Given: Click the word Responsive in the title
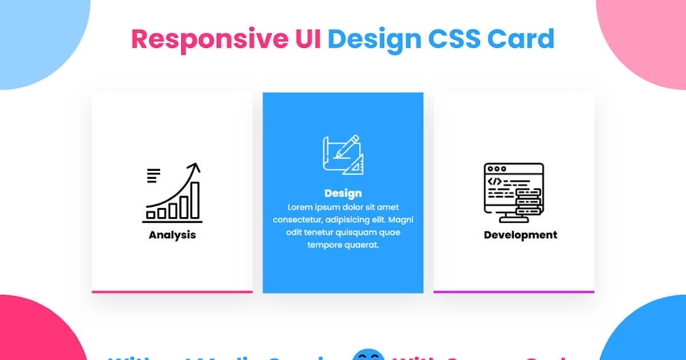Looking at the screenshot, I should (x=209, y=39).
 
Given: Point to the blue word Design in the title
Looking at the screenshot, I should (x=374, y=39).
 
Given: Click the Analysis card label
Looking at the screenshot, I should (x=172, y=235).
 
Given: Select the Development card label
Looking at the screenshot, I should (x=520, y=235).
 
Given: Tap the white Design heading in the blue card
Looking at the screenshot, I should (x=343, y=193).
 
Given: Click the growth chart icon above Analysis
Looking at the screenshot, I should (x=172, y=193).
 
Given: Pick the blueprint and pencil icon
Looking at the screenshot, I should (x=343, y=155).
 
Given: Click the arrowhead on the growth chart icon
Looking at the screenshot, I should (x=196, y=167).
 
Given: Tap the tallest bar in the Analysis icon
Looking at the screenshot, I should (x=195, y=200).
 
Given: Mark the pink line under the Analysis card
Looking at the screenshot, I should (x=172, y=292).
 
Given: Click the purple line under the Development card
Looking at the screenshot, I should (x=513, y=292).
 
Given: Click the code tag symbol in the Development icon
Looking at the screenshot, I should (x=494, y=182).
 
